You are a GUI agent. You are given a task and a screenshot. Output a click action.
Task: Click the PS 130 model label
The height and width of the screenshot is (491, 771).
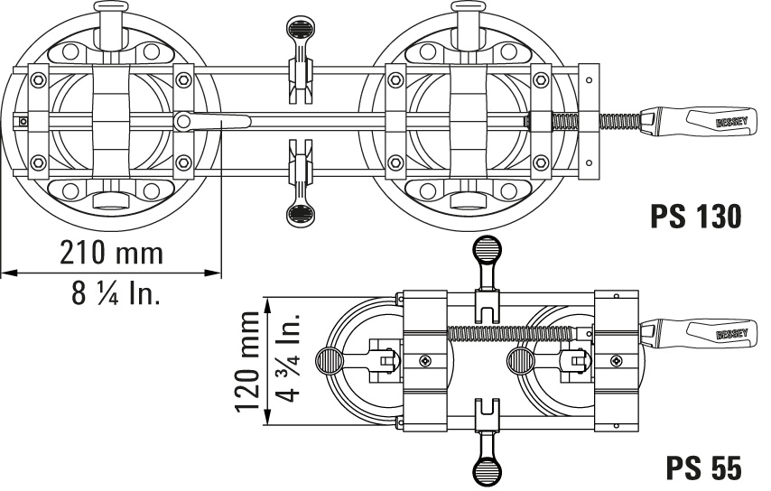point(696,217)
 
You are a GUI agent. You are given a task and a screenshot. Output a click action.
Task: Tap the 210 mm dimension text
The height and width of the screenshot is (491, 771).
point(112,253)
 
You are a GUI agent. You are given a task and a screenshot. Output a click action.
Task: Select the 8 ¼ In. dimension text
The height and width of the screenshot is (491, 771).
point(116,294)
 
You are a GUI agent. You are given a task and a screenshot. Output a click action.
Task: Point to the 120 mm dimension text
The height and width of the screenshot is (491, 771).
point(246,361)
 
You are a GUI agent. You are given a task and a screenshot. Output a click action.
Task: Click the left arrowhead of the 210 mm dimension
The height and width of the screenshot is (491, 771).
point(10,272)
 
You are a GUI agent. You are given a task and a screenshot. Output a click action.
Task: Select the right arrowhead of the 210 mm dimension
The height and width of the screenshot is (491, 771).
point(212,272)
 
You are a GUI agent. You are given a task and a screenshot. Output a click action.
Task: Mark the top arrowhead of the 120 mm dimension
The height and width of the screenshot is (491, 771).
point(267,306)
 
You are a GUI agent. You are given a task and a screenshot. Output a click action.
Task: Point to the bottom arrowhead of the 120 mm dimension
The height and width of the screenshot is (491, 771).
point(267,416)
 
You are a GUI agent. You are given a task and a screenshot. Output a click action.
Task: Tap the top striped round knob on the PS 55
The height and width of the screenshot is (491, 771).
point(487,250)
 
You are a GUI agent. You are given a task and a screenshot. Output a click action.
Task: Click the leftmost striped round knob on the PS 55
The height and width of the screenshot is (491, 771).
point(330,361)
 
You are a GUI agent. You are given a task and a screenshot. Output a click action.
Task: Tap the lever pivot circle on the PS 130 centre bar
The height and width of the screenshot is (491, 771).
point(182,121)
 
